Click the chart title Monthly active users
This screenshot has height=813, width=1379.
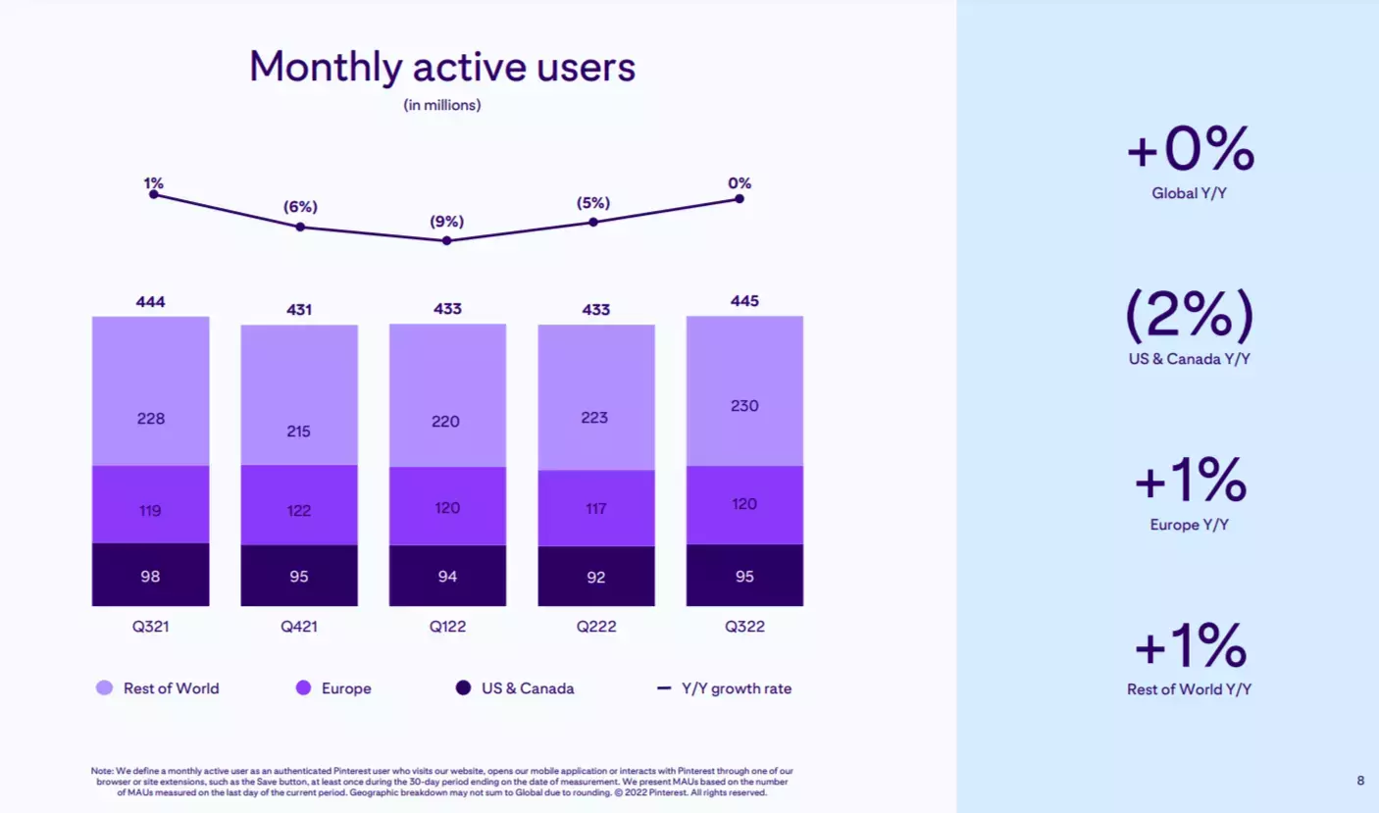tap(442, 68)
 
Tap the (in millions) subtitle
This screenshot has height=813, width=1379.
tap(442, 105)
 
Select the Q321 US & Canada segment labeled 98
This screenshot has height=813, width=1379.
tap(150, 576)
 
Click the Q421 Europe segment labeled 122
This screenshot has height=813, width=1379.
tap(299, 510)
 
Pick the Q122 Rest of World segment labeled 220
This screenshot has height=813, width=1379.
tap(447, 421)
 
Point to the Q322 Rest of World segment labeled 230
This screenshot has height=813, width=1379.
tap(744, 405)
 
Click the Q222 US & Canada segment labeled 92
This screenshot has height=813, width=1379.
tap(596, 577)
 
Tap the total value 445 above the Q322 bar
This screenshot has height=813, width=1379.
tap(744, 300)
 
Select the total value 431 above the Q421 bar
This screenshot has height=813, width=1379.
tap(299, 309)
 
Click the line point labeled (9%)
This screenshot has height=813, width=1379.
tap(447, 240)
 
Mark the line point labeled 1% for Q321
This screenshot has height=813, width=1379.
tap(153, 194)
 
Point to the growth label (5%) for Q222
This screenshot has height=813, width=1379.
tap(592, 203)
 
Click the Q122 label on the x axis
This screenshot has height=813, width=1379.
tap(447, 627)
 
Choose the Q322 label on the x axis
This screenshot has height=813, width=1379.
tap(744, 627)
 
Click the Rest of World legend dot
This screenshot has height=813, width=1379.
tap(105, 688)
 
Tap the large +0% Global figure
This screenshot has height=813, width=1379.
tap(1190, 150)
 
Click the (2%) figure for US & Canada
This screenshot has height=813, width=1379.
tap(1190, 316)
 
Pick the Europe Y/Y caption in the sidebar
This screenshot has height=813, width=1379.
tap(1190, 525)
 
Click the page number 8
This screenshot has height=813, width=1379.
tap(1360, 781)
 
